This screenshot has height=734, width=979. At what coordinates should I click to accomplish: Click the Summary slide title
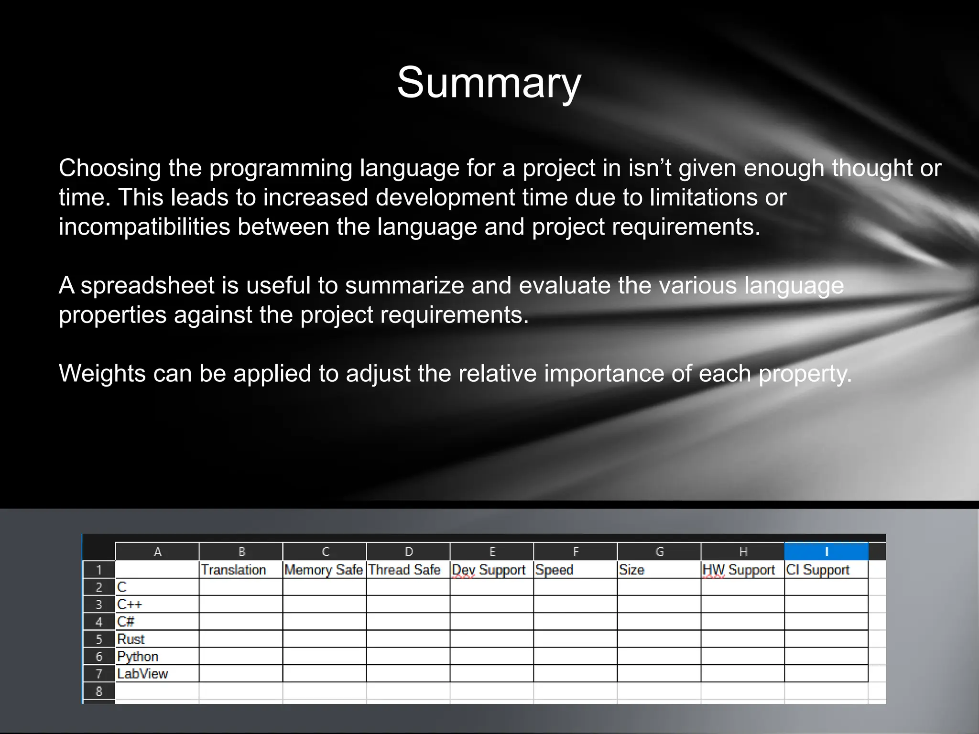(x=489, y=83)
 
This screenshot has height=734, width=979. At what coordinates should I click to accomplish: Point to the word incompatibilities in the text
(x=144, y=227)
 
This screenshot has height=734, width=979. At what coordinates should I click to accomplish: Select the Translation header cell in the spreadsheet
(x=233, y=570)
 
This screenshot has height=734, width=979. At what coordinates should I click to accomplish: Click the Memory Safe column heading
(x=324, y=570)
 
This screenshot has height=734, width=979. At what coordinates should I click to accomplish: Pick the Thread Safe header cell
(x=404, y=570)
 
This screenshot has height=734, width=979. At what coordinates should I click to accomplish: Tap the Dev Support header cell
(x=489, y=570)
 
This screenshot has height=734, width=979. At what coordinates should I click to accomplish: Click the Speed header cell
(x=554, y=570)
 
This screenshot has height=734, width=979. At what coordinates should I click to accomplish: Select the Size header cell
(x=631, y=570)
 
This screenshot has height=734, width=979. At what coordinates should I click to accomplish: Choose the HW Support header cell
(x=739, y=570)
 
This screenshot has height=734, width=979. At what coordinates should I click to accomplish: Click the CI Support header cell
(x=818, y=570)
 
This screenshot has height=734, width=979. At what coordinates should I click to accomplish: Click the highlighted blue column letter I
(x=827, y=551)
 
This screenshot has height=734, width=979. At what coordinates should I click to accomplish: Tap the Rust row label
(x=131, y=639)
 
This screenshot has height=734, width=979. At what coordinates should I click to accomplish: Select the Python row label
(x=138, y=657)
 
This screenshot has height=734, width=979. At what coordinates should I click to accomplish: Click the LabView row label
(x=142, y=674)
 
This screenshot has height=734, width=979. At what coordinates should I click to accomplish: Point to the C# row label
(x=126, y=622)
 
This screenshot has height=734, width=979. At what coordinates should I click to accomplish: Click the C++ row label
(x=130, y=604)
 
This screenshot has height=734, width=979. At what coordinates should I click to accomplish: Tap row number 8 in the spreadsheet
(x=99, y=691)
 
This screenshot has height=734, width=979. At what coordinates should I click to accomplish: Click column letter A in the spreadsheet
(x=157, y=552)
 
